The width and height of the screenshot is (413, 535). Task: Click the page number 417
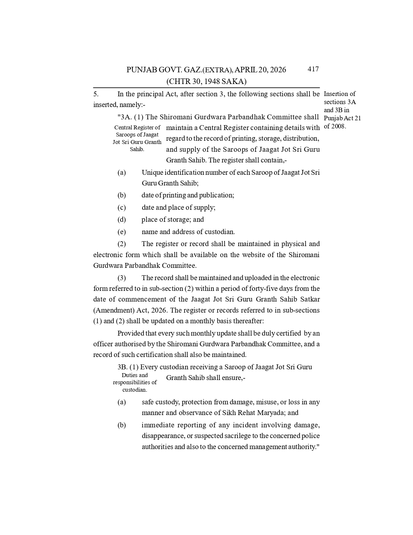pos(313,69)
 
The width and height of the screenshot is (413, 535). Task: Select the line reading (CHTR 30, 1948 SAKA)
pos(206,81)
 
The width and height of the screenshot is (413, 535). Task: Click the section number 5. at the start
pos(96,94)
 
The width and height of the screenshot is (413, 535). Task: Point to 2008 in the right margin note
pos(338,126)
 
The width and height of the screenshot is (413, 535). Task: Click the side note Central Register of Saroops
pos(137,138)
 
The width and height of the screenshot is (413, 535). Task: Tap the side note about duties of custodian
pos(135,382)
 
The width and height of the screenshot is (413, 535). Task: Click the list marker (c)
pos(121,208)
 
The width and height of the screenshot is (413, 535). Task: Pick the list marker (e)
pos(121,232)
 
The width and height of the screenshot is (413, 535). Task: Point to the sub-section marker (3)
pos(121,278)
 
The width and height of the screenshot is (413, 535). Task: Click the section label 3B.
pos(122,367)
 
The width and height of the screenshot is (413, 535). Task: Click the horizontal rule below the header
pos(206,88)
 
